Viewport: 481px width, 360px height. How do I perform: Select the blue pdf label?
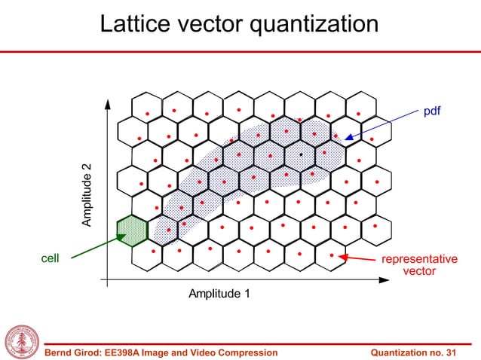[431, 111]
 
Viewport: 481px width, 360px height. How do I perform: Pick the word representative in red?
[419, 259]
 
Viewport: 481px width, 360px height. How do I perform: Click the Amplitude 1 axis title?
[219, 293]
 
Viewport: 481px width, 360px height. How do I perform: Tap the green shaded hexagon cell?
[132, 230]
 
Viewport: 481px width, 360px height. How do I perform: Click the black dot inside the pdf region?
[301, 154]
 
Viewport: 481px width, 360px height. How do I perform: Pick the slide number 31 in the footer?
[451, 352]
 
